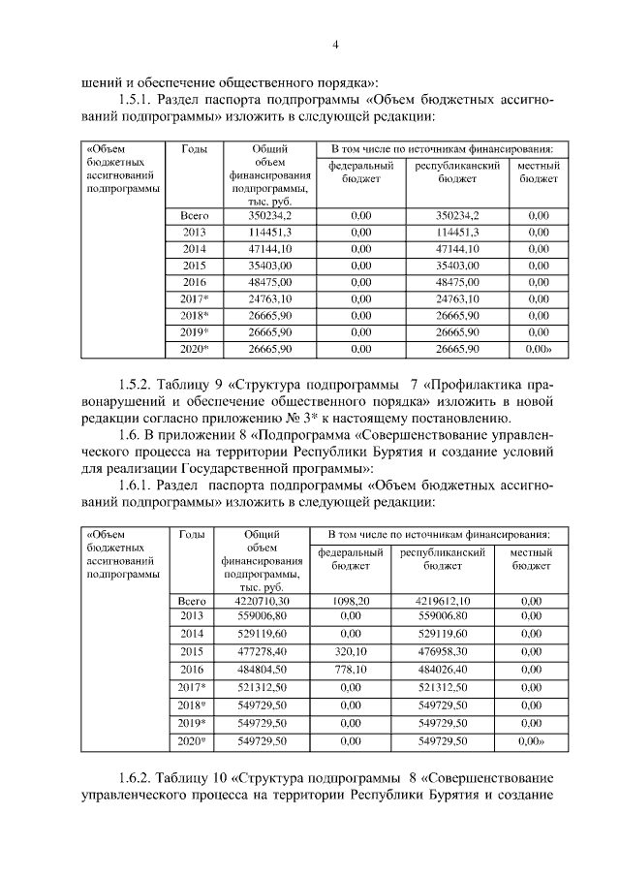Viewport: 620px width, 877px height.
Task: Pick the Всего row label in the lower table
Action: point(193,601)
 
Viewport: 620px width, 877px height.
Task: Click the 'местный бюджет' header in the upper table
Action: point(538,172)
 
